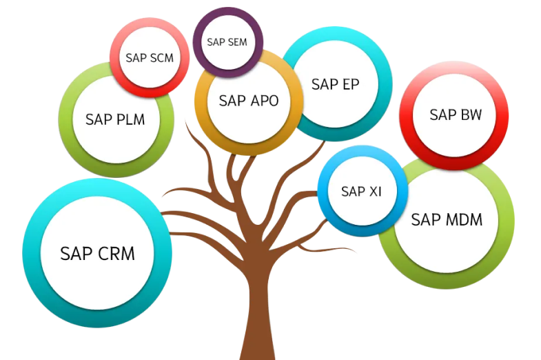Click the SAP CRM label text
tap(97, 253)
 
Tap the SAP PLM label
tap(115, 119)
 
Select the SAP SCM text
tap(150, 57)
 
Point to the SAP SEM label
tap(227, 42)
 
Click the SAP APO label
tap(249, 101)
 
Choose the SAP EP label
tap(336, 84)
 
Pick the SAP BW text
tap(455, 114)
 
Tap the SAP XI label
tap(361, 191)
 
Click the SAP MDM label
tap(446, 220)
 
